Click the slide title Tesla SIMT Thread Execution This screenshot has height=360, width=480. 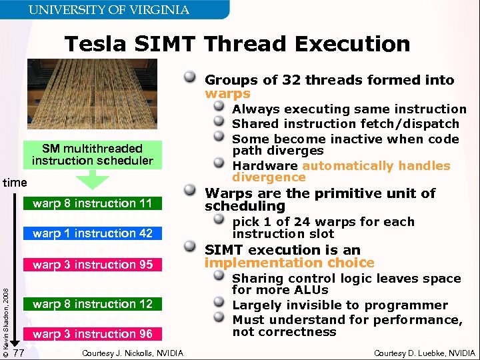click(237, 44)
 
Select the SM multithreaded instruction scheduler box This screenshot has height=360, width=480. click(92, 154)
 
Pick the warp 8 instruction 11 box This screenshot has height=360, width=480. click(92, 203)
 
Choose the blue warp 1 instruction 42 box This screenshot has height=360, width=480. click(92, 233)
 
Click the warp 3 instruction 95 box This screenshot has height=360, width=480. click(92, 265)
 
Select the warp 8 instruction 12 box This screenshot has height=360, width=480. click(92, 304)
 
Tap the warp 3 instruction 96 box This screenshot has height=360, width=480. click(92, 334)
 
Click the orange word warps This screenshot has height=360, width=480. click(227, 94)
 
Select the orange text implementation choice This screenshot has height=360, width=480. click(289, 263)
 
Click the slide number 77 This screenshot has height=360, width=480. click(19, 352)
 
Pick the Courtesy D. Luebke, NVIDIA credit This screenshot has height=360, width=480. click(424, 353)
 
